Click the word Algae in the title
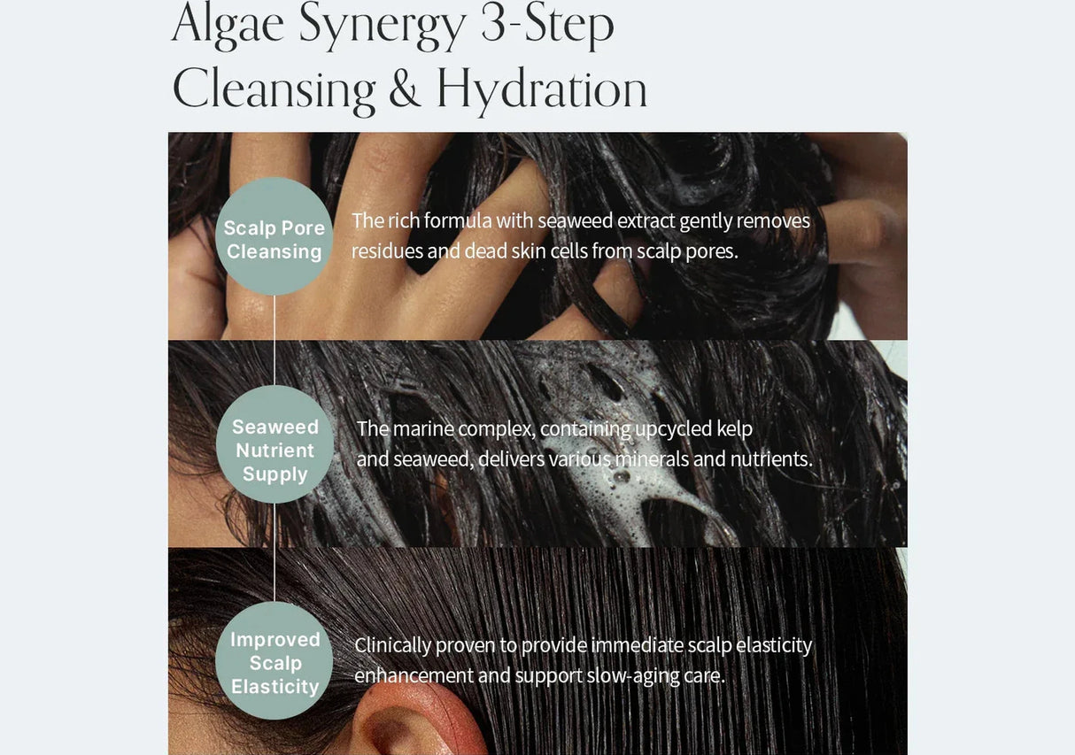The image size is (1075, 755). (228, 25)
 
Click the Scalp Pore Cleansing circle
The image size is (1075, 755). (275, 236)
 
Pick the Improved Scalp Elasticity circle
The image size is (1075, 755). (275, 661)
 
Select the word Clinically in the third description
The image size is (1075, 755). (392, 645)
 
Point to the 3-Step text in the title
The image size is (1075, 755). (547, 25)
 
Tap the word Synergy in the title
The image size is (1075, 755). (382, 25)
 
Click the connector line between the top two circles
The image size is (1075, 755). (275, 340)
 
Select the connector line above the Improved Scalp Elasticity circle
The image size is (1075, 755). (275, 552)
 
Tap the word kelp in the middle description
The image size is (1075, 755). (734, 428)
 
